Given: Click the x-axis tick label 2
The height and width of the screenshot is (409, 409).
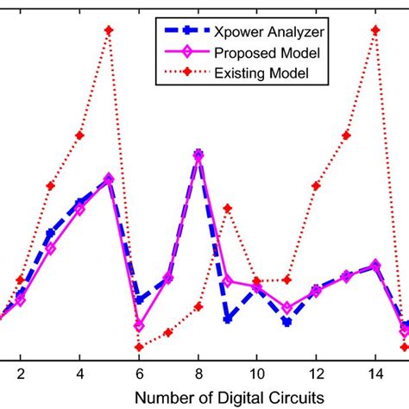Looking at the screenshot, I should (20, 377).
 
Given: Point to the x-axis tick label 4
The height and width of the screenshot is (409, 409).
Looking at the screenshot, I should (79, 377).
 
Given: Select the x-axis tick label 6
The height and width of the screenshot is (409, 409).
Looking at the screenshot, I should (138, 377).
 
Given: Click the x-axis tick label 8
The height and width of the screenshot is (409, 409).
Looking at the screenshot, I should (198, 377).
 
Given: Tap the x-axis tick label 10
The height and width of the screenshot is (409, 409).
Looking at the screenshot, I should (256, 377).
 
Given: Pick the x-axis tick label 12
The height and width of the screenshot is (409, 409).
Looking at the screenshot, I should (316, 377).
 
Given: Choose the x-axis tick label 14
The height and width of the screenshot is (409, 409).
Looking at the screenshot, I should (374, 377).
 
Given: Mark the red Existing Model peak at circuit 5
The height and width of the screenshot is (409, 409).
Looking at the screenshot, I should (109, 30).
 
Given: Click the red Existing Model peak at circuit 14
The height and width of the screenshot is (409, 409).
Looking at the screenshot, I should (375, 30).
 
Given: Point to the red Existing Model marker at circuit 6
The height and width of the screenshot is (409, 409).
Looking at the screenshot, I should (138, 347).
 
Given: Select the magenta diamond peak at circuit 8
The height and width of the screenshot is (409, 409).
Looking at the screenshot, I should (198, 155).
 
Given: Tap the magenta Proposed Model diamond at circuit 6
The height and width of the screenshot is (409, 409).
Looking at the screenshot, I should (138, 325).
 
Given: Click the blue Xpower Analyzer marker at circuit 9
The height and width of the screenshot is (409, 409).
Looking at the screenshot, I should (228, 318).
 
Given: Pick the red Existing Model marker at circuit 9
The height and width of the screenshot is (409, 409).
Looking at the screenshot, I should (228, 208).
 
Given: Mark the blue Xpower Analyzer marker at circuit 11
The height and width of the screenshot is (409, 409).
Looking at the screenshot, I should (286, 321).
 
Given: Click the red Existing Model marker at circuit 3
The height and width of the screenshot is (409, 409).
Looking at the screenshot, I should (50, 186).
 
